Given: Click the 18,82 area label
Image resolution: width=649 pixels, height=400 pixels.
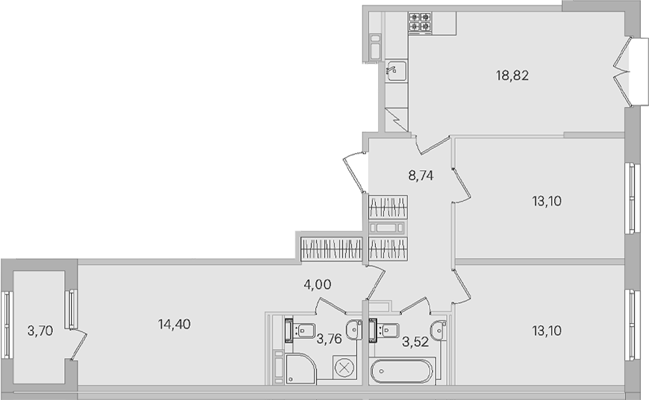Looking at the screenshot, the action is [x=513, y=75].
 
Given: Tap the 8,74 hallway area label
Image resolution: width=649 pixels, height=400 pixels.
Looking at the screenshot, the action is [x=421, y=176].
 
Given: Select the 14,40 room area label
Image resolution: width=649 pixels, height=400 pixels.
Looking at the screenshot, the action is [x=174, y=324].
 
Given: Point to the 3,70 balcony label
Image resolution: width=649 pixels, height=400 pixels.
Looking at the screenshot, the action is [x=40, y=331].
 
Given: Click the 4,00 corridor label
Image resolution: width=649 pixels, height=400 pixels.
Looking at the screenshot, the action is [x=317, y=285].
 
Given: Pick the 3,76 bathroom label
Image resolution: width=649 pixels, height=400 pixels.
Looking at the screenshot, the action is [x=330, y=340].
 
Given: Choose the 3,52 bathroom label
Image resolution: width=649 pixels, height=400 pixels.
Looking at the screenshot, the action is [x=415, y=342].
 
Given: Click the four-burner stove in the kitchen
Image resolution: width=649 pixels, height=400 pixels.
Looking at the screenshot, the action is [x=420, y=22].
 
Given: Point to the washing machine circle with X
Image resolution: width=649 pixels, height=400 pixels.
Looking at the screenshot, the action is [x=344, y=367].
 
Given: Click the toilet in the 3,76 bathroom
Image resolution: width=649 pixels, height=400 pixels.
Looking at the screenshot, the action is [x=300, y=331].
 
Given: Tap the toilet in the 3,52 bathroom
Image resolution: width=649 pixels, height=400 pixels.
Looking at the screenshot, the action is [x=384, y=331].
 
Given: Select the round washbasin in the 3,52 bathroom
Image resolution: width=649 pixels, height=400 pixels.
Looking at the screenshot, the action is [x=439, y=331].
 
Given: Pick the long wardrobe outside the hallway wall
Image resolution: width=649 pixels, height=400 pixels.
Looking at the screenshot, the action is [x=331, y=248].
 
